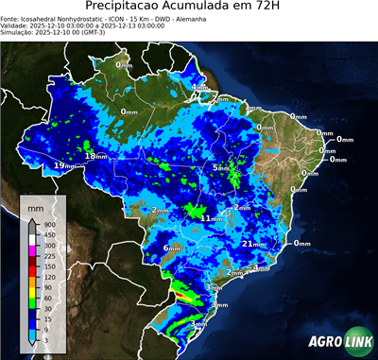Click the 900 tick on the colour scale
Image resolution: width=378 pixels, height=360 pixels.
click(48, 224)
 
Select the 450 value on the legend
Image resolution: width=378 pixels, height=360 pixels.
click(48, 235)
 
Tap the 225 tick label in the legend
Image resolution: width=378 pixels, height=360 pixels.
click(48, 256)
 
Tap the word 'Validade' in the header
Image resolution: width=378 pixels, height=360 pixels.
click(16, 26)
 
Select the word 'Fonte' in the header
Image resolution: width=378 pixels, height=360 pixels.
click(10, 18)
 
